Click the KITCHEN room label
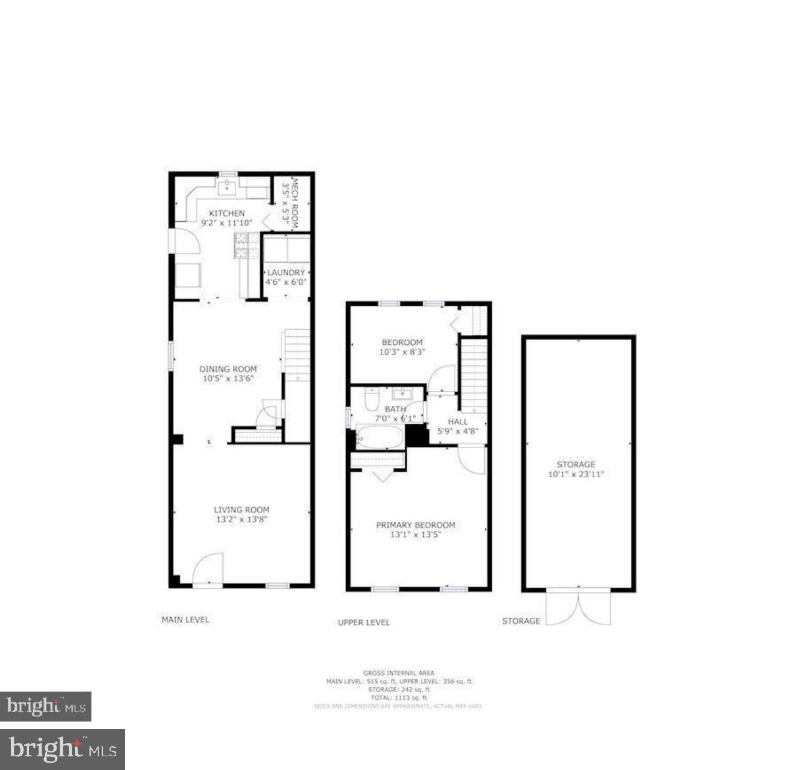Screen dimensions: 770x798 pyautogui.click(x=226, y=213)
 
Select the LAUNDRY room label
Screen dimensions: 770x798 pyautogui.click(x=286, y=272)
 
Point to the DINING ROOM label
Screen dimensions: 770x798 pyautogui.click(x=227, y=369)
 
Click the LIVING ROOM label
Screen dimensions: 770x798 pyautogui.click(x=242, y=510)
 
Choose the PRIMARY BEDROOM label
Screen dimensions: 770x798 pyautogui.click(x=415, y=525)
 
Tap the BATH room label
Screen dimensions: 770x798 pyautogui.click(x=395, y=409)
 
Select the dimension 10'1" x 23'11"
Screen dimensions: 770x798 pyautogui.click(x=576, y=474)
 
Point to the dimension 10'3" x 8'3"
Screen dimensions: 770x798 pyautogui.click(x=401, y=352)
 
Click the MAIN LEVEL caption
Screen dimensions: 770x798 pyautogui.click(x=185, y=620)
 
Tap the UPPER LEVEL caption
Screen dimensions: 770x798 pyautogui.click(x=364, y=622)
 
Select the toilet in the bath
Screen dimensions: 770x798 pyautogui.click(x=372, y=401)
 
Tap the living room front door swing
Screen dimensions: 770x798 pyautogui.click(x=207, y=569)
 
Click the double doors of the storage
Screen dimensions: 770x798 pyautogui.click(x=578, y=607)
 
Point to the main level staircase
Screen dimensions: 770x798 pyautogui.click(x=298, y=355)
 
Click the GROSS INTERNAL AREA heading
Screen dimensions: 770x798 pyautogui.click(x=399, y=672)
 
